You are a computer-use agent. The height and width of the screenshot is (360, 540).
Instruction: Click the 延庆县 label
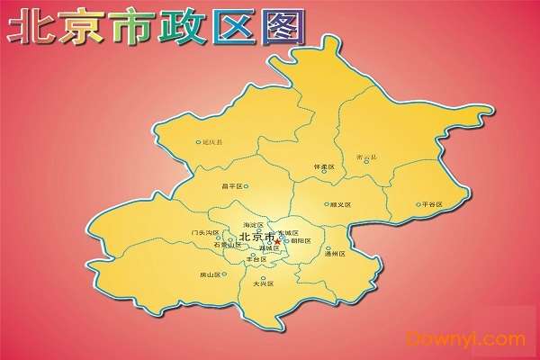[213, 142]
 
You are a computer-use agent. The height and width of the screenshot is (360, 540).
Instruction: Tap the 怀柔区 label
[324, 167]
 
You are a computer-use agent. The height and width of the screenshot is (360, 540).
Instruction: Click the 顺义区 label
[340, 205]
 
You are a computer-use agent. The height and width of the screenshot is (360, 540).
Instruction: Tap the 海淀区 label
[254, 225]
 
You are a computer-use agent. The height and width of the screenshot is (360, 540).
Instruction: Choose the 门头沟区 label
[205, 233]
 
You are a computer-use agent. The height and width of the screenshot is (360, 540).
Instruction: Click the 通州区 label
[335, 255]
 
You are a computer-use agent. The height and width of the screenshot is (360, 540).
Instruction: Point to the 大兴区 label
[263, 283]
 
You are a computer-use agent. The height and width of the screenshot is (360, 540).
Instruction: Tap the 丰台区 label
[258, 259]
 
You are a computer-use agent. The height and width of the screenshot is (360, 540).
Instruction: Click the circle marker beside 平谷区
[418, 204]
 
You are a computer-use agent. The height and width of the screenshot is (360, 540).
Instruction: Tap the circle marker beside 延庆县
[198, 142]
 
